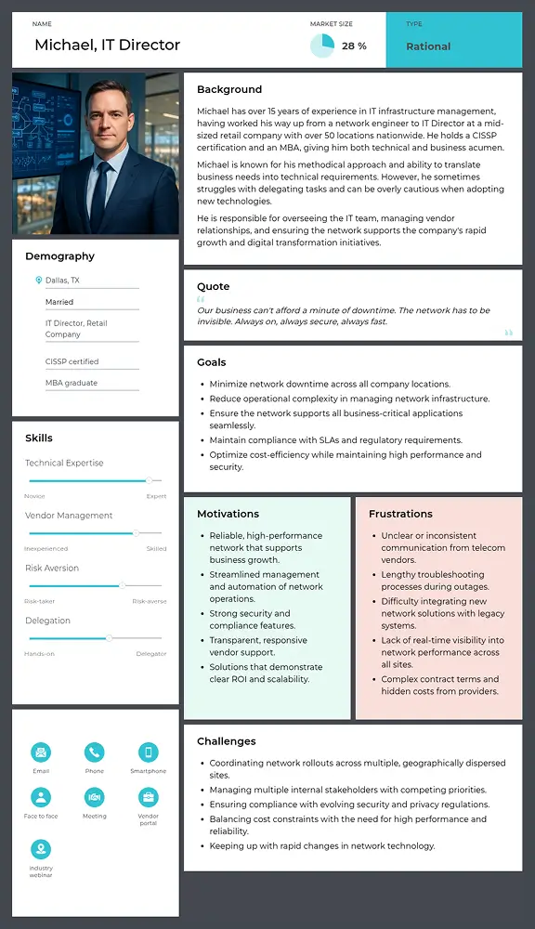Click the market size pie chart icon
[x=321, y=46]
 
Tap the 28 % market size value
[x=354, y=46]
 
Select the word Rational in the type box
[x=428, y=46]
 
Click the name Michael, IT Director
[x=107, y=45]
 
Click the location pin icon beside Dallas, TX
[x=38, y=281]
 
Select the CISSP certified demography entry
[x=72, y=361]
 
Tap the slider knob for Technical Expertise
[x=148, y=480]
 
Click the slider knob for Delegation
[x=109, y=638]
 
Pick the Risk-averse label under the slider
[x=149, y=601]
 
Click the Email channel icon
[x=41, y=752]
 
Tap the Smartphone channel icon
[x=148, y=752]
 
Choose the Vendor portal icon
[x=148, y=797]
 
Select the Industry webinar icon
[x=41, y=849]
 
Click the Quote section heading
[x=213, y=286]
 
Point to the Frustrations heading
[x=400, y=514]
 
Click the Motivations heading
[x=228, y=514]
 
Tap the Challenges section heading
[x=226, y=741]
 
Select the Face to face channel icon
[x=41, y=797]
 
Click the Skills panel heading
[x=39, y=438]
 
